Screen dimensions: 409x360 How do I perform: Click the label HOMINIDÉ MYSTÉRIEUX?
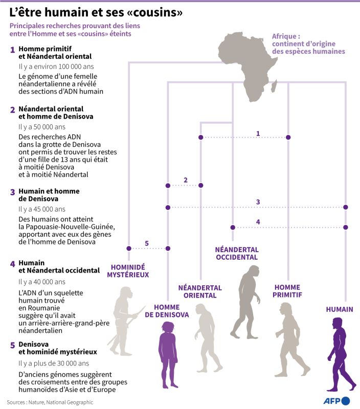[128, 270]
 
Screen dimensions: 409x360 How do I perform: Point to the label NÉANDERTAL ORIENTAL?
[200, 291]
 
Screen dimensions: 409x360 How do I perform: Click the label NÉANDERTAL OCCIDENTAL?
[237, 253]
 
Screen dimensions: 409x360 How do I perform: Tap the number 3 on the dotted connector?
[258, 202]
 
